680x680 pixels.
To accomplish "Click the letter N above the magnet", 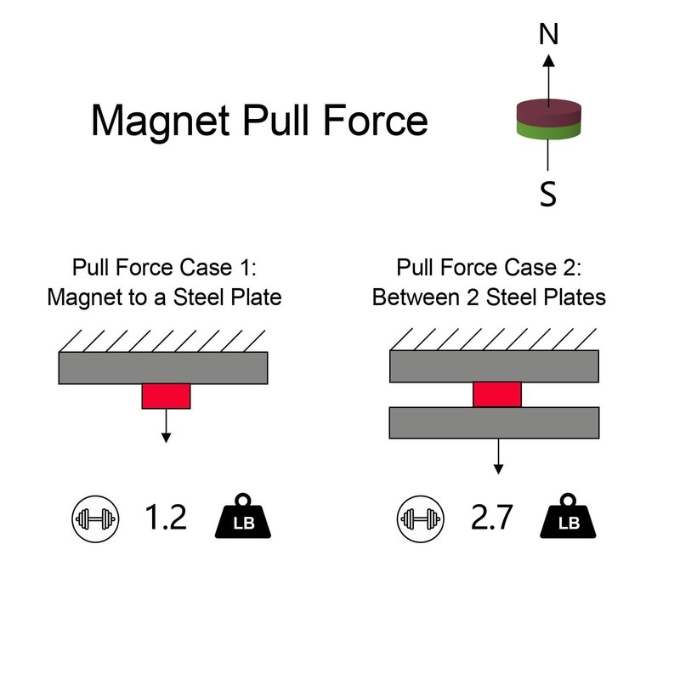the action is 548,34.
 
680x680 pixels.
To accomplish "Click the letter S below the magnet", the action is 548,194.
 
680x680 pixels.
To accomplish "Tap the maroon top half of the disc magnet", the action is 548,111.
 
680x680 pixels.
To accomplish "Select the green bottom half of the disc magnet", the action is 548,131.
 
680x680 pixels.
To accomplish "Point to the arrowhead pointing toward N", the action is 548,60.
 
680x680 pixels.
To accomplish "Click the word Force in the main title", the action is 376,120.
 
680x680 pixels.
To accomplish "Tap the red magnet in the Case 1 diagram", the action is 166,396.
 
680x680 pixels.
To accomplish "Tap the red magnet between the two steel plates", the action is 497,394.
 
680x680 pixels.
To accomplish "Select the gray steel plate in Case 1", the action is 163,368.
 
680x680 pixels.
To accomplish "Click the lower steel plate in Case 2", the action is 495,422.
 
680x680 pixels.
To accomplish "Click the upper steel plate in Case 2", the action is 495,366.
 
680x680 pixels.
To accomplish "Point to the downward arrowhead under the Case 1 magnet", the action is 166,438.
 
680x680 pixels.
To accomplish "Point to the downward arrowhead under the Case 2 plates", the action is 498,469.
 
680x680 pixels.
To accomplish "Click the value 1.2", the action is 165,517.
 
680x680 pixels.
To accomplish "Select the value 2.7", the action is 492,517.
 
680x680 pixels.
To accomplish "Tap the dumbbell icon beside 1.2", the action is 95,519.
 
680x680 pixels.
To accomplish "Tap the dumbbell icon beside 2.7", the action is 421,519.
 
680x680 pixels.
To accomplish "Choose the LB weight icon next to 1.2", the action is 243,516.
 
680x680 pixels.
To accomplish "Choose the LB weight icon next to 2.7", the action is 568,516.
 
